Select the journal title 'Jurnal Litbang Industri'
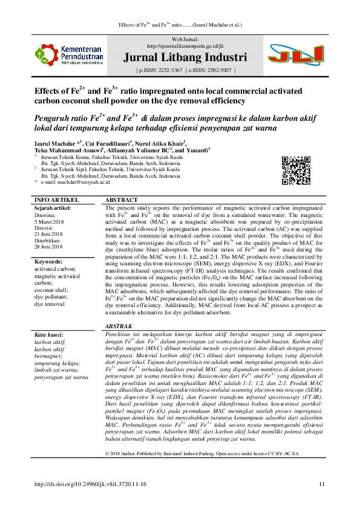pyautogui.click(x=185, y=59)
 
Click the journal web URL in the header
pyautogui.click(x=185, y=45)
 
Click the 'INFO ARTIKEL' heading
pyautogui.click(x=57, y=199)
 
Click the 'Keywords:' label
pyautogui.click(x=50, y=262)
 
